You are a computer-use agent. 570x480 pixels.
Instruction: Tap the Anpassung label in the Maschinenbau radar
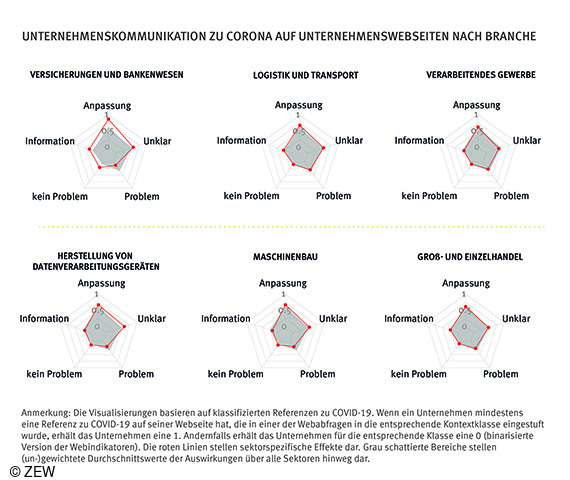pos(283,284)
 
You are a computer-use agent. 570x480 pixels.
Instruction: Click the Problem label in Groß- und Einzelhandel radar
pos(501,374)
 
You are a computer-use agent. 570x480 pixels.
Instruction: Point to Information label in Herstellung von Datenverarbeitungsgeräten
pos(44,319)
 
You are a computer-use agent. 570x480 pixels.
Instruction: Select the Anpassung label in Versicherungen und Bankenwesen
pos(103,104)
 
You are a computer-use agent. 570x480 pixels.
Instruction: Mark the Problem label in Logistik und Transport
pos(319,196)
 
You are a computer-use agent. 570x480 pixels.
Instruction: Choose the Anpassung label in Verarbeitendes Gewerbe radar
pos(477,104)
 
